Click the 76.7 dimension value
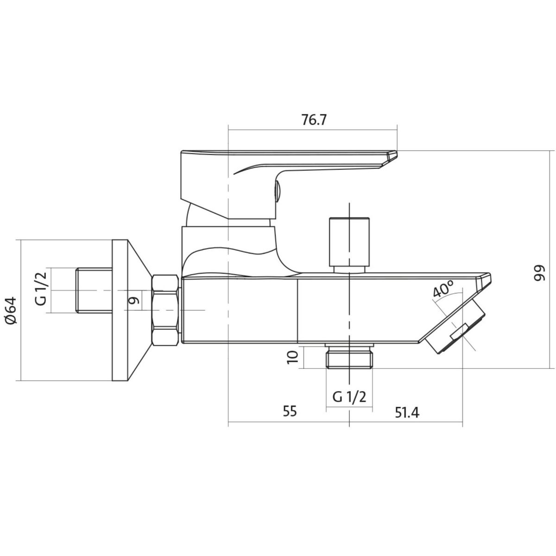tap(314, 120)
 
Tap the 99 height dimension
tap(539, 272)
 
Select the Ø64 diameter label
tap(11, 310)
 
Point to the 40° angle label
tap(443, 288)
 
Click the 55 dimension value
tap(290, 411)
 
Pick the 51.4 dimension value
tap(407, 413)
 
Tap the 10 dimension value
tap(292, 357)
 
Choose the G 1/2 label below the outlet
tap(349, 397)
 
